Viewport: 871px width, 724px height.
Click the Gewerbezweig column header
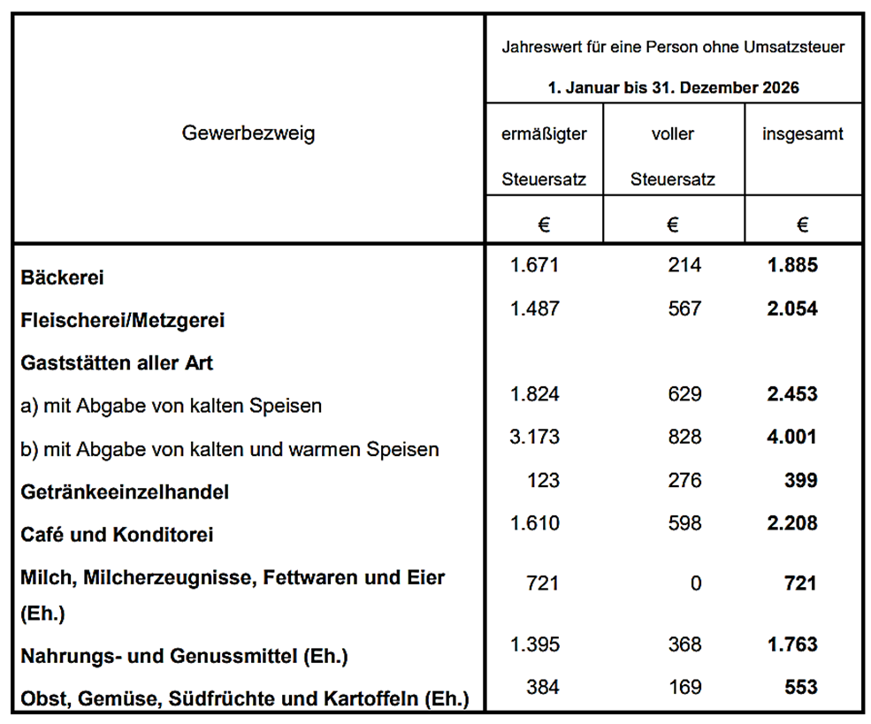tap(248, 133)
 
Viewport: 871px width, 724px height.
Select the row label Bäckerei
tap(62, 278)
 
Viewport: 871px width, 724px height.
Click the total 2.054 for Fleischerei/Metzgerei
tap(793, 309)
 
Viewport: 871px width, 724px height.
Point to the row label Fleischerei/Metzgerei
tap(122, 320)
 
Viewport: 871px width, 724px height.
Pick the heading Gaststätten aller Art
tap(117, 362)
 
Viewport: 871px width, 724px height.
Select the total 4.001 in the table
tap(793, 437)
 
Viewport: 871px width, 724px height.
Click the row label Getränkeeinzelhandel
tap(125, 492)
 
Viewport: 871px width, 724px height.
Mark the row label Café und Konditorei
tap(117, 535)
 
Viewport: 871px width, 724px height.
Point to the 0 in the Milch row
tap(696, 583)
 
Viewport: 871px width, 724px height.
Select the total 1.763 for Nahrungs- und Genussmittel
tap(793, 644)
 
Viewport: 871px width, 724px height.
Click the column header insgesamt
tap(802, 134)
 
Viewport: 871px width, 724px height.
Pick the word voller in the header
tap(672, 134)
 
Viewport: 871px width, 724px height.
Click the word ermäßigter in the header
tap(544, 134)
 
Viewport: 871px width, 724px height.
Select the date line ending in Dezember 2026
tap(673, 88)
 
